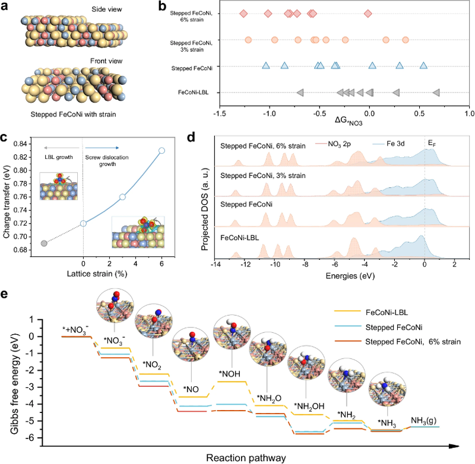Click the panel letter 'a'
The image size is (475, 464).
4,6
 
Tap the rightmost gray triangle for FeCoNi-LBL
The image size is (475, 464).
436,93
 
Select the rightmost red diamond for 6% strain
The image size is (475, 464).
368,13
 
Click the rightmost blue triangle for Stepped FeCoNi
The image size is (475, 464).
423,65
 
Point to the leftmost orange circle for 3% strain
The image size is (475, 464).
248,40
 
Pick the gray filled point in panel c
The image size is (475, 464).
44,243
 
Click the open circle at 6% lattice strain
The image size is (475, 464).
161,151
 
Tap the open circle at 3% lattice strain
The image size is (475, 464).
122,197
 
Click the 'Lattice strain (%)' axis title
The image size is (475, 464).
97,274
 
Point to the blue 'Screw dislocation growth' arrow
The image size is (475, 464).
102,148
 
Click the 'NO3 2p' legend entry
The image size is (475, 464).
333,144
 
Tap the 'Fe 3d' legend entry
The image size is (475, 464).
388,144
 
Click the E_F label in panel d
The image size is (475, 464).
432,144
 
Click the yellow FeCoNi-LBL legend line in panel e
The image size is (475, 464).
347,311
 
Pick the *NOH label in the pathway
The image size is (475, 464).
229,374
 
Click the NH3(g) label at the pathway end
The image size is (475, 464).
423,421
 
